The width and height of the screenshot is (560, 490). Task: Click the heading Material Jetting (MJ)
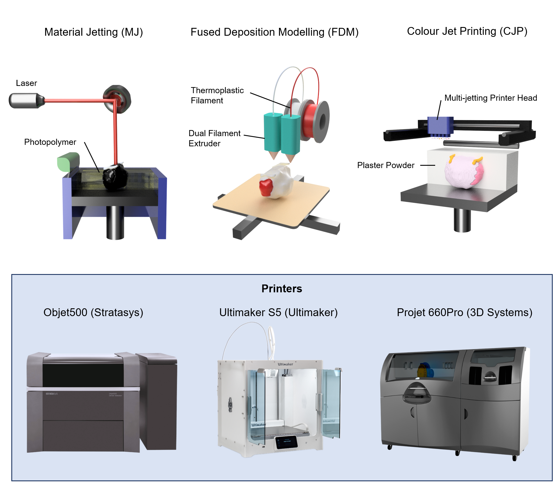click(93, 32)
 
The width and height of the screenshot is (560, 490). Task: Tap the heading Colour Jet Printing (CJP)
click(467, 31)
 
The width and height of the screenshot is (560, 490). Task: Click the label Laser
click(26, 83)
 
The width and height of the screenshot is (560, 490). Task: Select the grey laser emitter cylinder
click(25, 101)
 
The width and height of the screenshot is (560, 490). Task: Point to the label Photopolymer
click(50, 142)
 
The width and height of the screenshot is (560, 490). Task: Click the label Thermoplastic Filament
click(217, 96)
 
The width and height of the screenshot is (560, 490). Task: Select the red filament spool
click(311, 120)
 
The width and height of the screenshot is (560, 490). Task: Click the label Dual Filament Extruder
click(214, 138)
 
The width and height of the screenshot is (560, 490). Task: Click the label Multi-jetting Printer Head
click(490, 98)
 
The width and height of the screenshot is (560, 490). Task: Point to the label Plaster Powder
click(386, 165)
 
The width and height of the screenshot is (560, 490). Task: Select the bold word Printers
click(282, 289)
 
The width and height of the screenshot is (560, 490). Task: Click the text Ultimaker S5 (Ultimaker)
click(278, 313)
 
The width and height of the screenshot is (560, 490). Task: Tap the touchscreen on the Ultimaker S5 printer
click(286, 442)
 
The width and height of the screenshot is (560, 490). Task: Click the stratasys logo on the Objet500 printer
click(52, 394)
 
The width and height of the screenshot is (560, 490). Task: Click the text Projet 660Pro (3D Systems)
click(464, 313)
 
